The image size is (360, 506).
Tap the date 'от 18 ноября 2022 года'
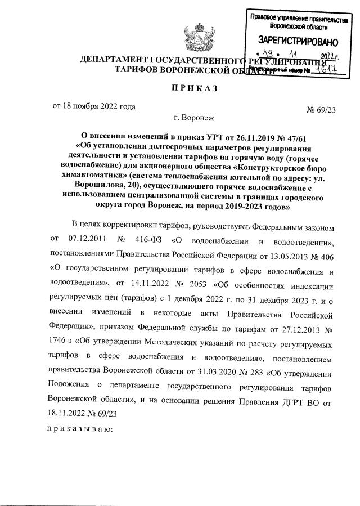pos(93,105)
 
